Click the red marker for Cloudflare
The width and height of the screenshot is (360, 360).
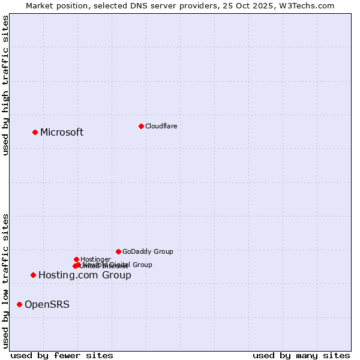[141, 126]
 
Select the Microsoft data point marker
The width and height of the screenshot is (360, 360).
[35, 132]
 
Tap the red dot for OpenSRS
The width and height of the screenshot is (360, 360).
[19, 304]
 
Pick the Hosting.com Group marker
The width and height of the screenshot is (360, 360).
[33, 275]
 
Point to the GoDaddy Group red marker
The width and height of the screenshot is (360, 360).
[118, 251]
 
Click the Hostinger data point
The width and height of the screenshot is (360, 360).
[76, 259]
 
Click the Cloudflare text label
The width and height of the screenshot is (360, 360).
[161, 126]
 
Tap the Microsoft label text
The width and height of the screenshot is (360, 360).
[62, 132]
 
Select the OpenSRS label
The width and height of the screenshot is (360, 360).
[47, 304]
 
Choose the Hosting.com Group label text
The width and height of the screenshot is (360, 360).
[85, 275]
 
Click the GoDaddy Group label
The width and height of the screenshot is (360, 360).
[148, 251]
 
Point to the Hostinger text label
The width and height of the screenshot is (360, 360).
[95, 259]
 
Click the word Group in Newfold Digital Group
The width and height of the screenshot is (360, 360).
[142, 265]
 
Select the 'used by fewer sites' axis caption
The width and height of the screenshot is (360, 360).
[62, 355]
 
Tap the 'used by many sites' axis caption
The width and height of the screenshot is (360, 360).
[301, 355]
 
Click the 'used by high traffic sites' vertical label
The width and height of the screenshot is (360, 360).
[5, 85]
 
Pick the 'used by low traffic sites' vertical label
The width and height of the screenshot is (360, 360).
[5, 280]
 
